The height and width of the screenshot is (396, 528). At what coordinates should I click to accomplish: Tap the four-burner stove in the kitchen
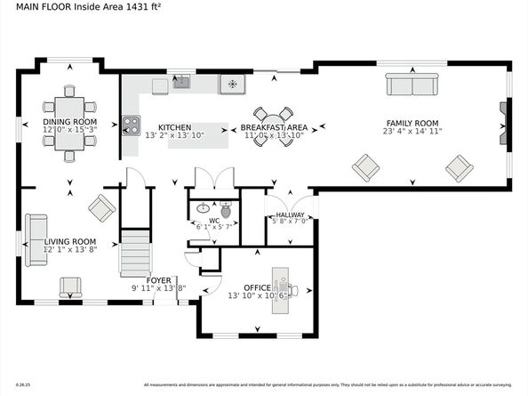[131, 125]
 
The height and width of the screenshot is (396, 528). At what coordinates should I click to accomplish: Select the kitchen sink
[182, 84]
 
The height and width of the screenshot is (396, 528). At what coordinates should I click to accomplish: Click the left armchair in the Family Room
[365, 166]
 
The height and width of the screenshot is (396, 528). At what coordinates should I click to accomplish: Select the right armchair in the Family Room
[459, 166]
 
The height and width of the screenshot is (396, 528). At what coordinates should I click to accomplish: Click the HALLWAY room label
[290, 214]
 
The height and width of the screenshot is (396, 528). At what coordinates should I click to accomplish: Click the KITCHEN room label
[175, 127]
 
